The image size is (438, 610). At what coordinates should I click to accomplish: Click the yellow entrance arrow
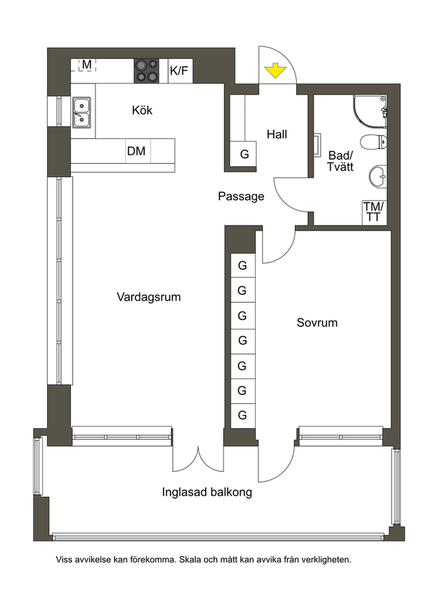point(276,71)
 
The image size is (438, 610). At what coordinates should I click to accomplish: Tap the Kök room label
point(142,111)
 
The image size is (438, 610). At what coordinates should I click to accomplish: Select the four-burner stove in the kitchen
point(146,71)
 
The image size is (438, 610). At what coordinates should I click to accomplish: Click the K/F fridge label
point(179,71)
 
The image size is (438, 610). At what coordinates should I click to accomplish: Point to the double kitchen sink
point(82,112)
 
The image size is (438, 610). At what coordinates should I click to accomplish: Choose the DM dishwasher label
point(136,151)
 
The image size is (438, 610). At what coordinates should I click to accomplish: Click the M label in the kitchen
point(87,65)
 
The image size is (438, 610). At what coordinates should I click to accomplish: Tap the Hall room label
point(277,135)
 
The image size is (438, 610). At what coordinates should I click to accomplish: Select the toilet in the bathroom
point(373,141)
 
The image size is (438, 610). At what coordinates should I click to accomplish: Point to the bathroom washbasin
point(378,177)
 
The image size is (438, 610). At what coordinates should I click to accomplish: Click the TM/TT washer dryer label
point(373,212)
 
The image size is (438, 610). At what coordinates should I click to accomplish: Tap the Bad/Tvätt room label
point(340,161)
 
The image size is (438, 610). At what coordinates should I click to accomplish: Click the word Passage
point(241,196)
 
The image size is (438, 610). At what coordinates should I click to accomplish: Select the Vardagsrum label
point(148,297)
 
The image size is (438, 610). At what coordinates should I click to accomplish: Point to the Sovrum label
point(317,323)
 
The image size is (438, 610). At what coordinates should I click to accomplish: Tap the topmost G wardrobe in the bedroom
point(243,265)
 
